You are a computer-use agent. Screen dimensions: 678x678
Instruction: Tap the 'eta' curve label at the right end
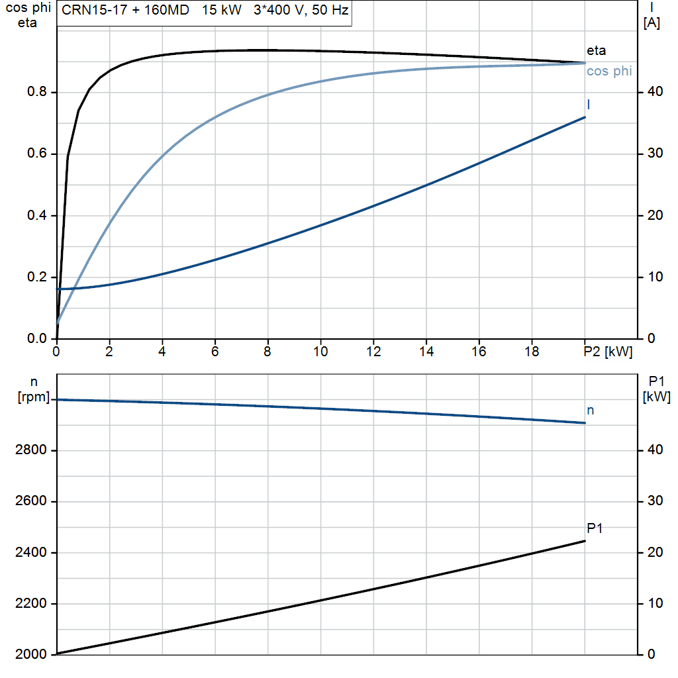tap(597, 50)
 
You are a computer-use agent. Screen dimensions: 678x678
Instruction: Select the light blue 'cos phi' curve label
tap(609, 71)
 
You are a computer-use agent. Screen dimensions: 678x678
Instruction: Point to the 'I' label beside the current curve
tap(589, 105)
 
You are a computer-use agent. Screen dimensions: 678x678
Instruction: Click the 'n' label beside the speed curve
tap(590, 411)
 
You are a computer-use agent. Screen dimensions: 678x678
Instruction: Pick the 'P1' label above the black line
tap(595, 528)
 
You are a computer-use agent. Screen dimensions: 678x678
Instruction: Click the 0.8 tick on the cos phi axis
tap(37, 91)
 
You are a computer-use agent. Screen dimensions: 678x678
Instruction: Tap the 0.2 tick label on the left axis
tap(37, 277)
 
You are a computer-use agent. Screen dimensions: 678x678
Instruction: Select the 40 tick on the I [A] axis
tap(655, 91)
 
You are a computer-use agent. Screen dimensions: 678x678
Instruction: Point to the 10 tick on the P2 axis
tap(320, 352)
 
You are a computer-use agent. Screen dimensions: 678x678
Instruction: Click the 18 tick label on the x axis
tap(532, 352)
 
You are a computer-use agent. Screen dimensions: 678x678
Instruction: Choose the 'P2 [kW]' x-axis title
tap(608, 352)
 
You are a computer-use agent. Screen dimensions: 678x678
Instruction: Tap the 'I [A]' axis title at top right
tap(652, 16)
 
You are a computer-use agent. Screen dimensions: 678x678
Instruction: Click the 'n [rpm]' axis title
tap(34, 389)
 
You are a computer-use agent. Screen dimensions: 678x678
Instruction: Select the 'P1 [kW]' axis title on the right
tap(656, 389)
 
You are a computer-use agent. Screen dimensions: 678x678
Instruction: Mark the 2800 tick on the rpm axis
tap(30, 450)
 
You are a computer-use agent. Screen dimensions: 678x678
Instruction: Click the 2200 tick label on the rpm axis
tap(30, 604)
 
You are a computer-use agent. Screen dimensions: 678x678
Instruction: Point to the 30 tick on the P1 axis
tap(655, 501)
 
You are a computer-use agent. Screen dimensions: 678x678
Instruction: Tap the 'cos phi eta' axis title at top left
tap(28, 15)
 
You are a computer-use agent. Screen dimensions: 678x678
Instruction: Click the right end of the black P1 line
tap(585, 541)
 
